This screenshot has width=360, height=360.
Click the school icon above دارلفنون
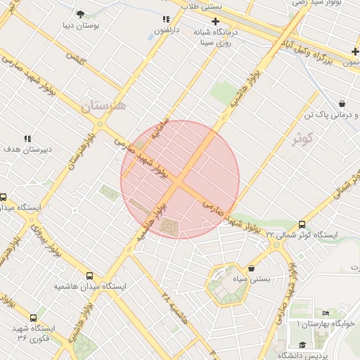coord(166,20)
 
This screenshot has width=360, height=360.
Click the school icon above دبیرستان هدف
coord(28,139)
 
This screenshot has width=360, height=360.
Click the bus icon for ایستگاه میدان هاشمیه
coord(89,276)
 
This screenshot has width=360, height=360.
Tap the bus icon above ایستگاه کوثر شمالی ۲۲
coord(302,224)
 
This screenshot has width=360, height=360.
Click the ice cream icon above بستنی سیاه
coord(252,268)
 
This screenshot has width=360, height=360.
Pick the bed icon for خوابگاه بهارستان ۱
coord(326,314)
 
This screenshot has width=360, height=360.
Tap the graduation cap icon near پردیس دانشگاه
coord(302,345)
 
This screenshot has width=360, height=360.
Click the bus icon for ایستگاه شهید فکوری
coord(33,318)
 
